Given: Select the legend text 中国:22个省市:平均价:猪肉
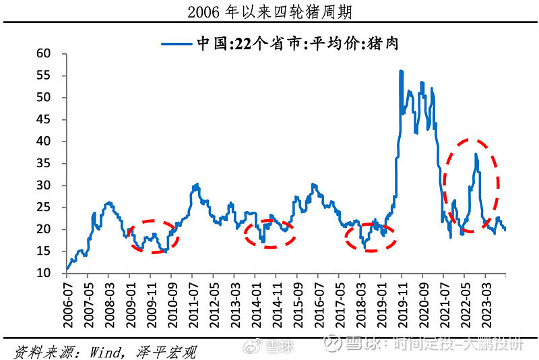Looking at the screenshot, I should coord(303,44).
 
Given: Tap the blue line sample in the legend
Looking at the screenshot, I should coord(177,44).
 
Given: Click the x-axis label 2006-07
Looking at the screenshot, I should coord(67,302).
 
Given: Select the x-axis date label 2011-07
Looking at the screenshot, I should coord(193,302).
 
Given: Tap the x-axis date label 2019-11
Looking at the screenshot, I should coord(402,302).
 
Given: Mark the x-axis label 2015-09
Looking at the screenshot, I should coord(297,302).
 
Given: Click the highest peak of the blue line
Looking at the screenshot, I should coord(401,71).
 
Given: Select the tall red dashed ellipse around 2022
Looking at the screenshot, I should coord(472,185).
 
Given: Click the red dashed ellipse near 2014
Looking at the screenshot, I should coord(269,233).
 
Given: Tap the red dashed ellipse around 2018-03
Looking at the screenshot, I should coord(371,237).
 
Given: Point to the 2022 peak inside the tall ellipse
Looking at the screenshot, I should coord(476,154).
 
